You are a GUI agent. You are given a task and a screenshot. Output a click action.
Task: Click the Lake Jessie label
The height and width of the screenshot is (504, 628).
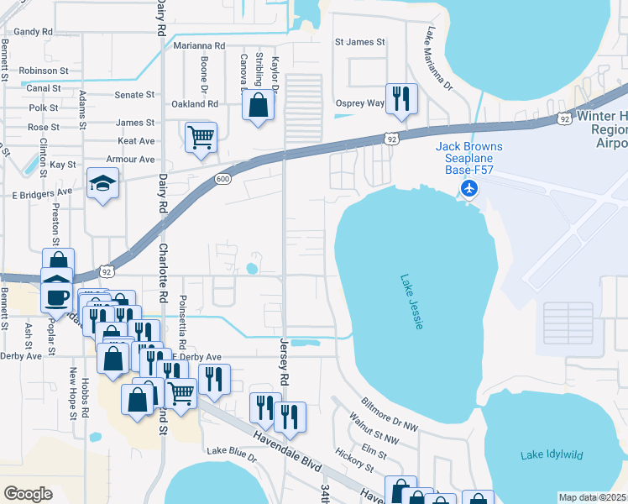point(410,302)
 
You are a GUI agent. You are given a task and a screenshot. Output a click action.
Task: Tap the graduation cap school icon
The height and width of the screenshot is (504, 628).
point(103,184)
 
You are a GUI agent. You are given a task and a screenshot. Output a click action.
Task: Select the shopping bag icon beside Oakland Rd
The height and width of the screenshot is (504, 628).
point(258,106)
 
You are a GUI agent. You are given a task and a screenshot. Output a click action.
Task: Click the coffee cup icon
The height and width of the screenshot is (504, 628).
point(58,297)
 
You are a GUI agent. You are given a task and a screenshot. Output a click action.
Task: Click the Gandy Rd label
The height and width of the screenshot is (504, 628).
point(33,32)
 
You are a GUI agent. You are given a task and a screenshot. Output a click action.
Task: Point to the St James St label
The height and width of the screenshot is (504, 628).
point(359,41)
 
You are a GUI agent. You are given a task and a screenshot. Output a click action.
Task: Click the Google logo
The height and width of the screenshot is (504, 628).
point(28,493)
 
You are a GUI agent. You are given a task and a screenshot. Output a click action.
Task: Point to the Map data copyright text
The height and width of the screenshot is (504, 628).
point(592,497)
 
